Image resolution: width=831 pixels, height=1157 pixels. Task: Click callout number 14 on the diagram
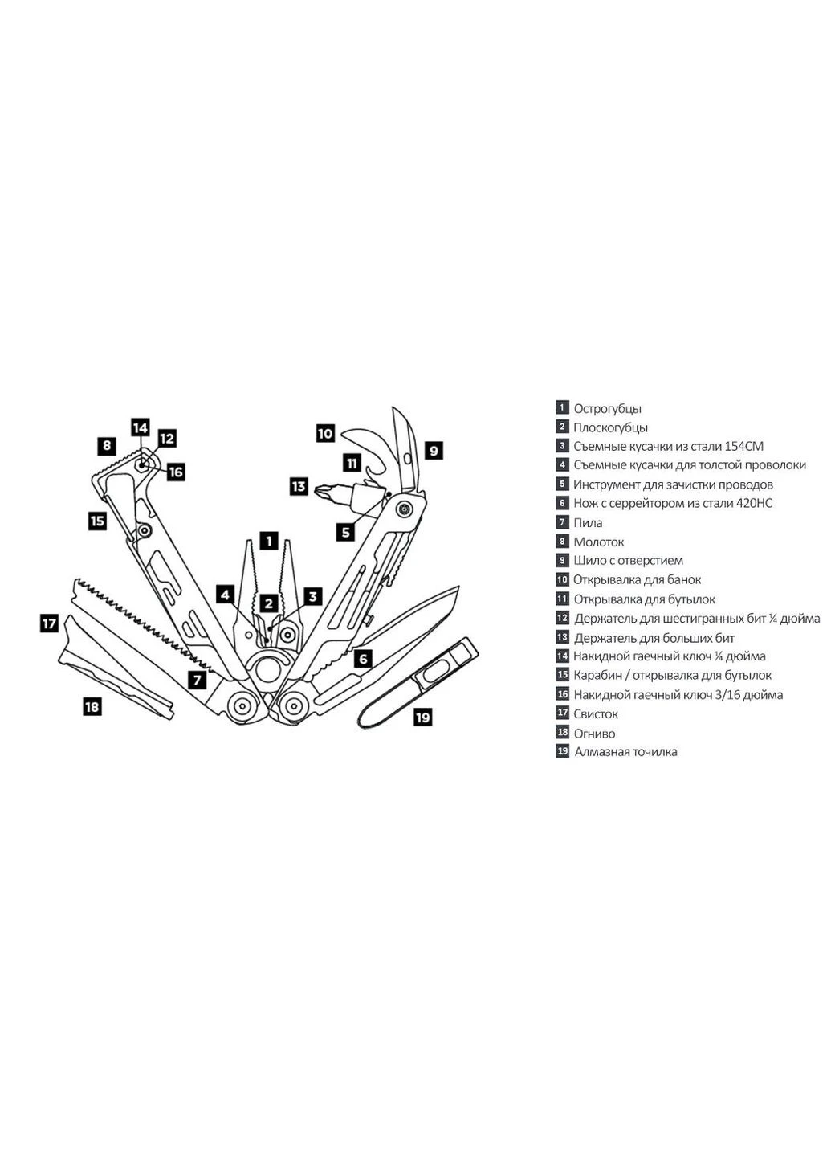140,427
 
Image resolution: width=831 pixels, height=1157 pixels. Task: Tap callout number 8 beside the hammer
107,445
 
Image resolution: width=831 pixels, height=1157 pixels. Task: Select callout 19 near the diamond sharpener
422,717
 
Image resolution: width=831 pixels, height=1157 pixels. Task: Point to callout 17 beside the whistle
50,623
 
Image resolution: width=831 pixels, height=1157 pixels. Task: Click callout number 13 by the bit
299,487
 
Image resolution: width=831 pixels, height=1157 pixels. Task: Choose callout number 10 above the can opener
325,433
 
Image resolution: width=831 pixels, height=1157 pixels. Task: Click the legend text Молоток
598,542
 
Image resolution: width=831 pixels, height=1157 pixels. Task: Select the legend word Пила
588,523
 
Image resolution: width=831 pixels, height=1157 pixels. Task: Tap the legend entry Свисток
596,713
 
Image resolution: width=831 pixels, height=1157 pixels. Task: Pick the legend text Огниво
594,734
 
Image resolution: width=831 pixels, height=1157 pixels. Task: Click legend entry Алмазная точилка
625,751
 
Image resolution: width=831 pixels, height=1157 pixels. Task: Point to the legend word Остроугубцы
608,408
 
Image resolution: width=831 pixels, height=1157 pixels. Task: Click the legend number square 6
562,503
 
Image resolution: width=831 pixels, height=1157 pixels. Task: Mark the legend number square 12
562,618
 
